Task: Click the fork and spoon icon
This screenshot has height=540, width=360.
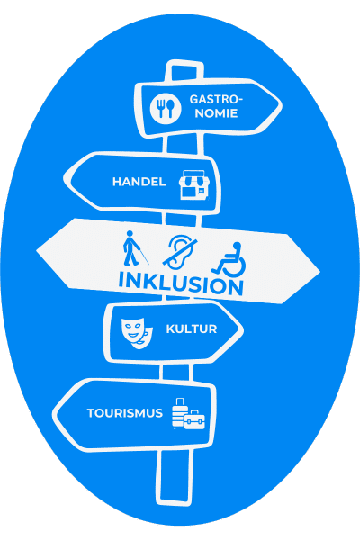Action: (166, 108)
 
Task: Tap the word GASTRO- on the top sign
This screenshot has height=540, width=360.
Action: (216, 100)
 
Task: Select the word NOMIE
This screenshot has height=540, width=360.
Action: (216, 113)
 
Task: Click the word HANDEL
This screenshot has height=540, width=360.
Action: (139, 182)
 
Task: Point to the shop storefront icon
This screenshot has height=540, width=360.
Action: (194, 184)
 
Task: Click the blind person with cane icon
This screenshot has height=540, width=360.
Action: (135, 248)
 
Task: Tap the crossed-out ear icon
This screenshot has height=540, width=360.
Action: (180, 252)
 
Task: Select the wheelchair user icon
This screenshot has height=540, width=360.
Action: (229, 259)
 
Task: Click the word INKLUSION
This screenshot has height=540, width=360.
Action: (181, 283)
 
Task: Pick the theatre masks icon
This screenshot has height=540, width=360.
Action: (137, 333)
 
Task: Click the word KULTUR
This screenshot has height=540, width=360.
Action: (192, 328)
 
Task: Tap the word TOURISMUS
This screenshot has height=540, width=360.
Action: (125, 413)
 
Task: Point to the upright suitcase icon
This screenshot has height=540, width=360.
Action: (179, 412)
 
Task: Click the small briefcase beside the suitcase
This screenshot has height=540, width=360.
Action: (194, 419)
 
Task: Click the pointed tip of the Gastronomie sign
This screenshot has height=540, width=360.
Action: (281, 106)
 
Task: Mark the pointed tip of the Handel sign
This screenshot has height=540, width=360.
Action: (65, 178)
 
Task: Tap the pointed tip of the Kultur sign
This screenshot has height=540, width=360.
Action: (242, 329)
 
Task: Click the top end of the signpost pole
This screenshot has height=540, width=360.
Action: (184, 62)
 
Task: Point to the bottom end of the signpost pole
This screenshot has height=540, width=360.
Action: (174, 502)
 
